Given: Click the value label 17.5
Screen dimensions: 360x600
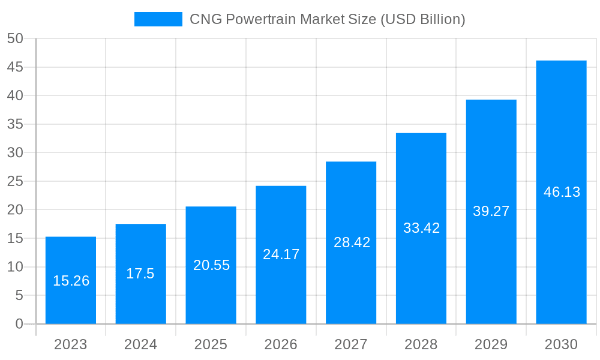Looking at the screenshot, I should click(140, 274).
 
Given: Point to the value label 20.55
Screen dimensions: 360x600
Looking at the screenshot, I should click(211, 265).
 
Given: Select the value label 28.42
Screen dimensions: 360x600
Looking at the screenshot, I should click(352, 242).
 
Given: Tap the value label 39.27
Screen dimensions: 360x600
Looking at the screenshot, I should click(491, 211).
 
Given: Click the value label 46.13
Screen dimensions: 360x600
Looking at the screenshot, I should click(562, 192).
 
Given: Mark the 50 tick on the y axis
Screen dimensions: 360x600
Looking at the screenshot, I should click(15, 39).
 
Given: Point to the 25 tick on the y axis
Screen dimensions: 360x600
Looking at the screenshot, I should click(15, 181).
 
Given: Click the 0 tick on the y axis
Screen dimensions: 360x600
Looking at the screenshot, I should click(19, 324).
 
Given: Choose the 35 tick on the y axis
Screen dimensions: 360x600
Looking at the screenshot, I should click(15, 124).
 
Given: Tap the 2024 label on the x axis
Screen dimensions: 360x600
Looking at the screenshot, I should click(140, 344).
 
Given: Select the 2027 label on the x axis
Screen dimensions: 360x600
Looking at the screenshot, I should click(351, 344).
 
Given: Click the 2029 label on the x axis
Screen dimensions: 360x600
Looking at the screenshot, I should click(491, 344).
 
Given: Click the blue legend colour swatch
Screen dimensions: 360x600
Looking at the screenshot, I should click(158, 19).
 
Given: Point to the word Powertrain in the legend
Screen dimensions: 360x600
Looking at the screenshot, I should click(260, 19).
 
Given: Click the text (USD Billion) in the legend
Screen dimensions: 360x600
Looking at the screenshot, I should click(423, 19).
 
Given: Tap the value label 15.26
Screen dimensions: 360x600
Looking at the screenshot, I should click(71, 281).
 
